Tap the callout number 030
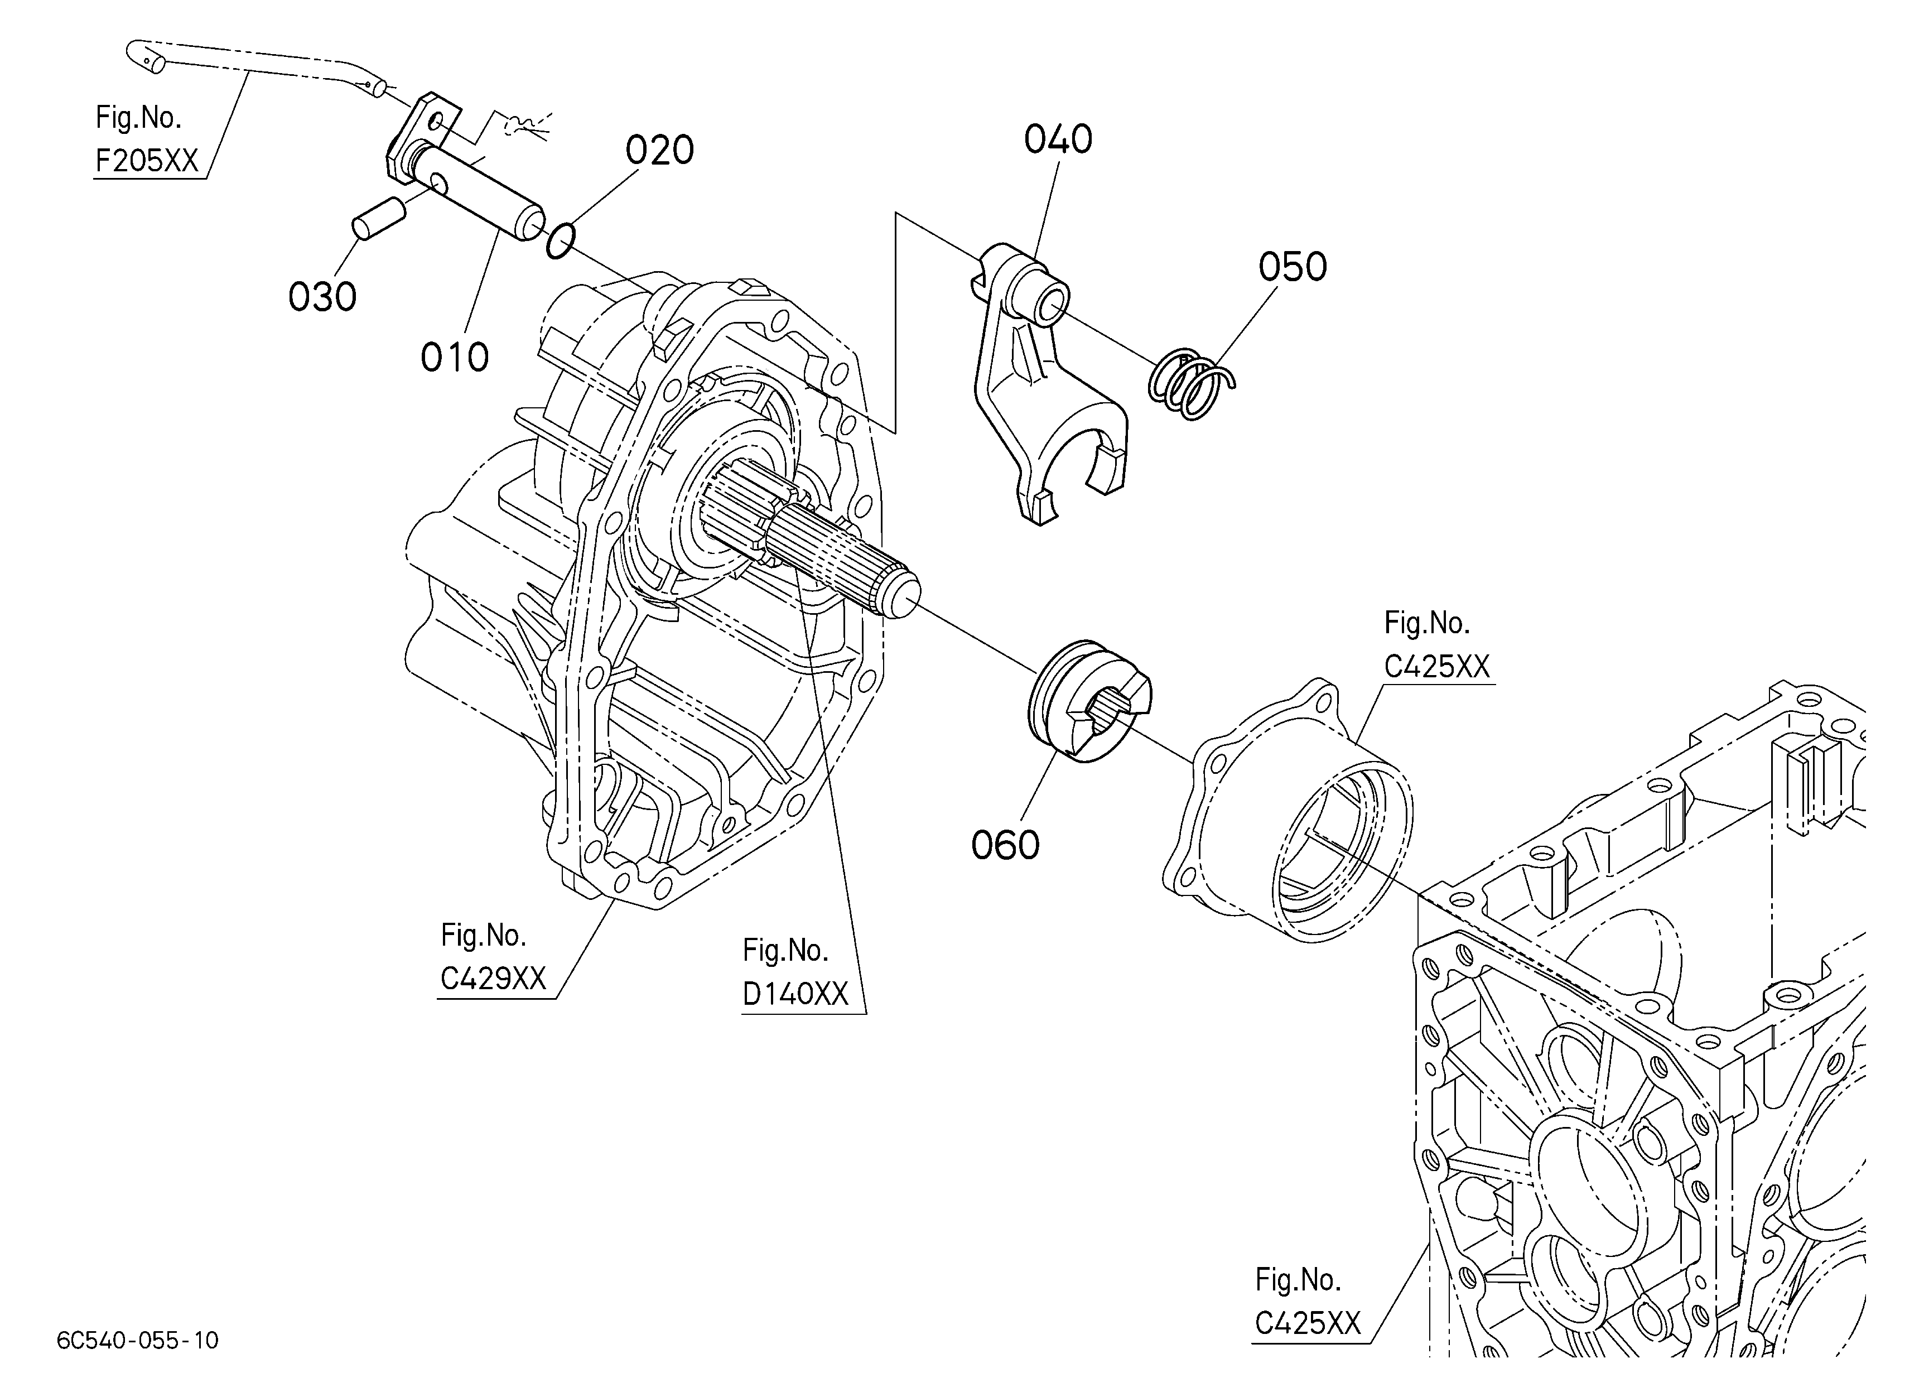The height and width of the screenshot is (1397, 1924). [322, 297]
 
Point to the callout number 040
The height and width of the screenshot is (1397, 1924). [1058, 139]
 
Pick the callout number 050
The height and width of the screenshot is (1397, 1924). [1292, 266]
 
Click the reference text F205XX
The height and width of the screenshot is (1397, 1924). [147, 160]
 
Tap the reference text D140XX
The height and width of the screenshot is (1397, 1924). [795, 994]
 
